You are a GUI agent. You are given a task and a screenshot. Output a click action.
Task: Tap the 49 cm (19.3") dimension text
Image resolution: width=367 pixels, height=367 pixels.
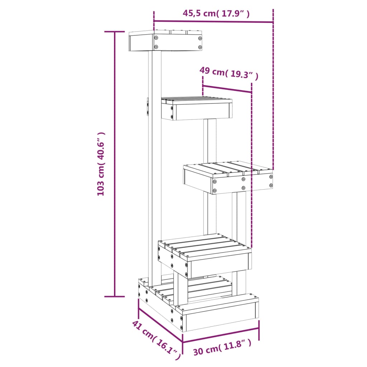click(x=229, y=72)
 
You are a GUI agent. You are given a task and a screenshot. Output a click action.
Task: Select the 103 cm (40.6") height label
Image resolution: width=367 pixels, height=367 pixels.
click(x=101, y=164)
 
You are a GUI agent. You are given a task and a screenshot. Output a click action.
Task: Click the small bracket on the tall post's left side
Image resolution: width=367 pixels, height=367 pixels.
click(x=147, y=107)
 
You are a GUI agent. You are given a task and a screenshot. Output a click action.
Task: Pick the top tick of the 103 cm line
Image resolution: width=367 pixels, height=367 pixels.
click(x=115, y=32)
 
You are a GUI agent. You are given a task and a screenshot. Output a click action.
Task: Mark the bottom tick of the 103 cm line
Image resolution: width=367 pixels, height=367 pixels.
click(x=115, y=296)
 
